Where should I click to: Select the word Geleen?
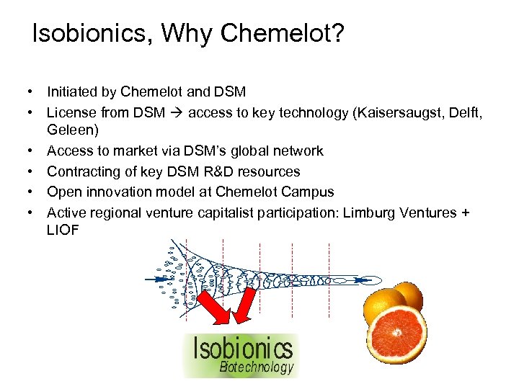pyautogui.click(x=73, y=131)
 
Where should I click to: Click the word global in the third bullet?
pyautogui.click(x=253, y=151)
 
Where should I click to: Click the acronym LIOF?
pyautogui.click(x=63, y=231)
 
